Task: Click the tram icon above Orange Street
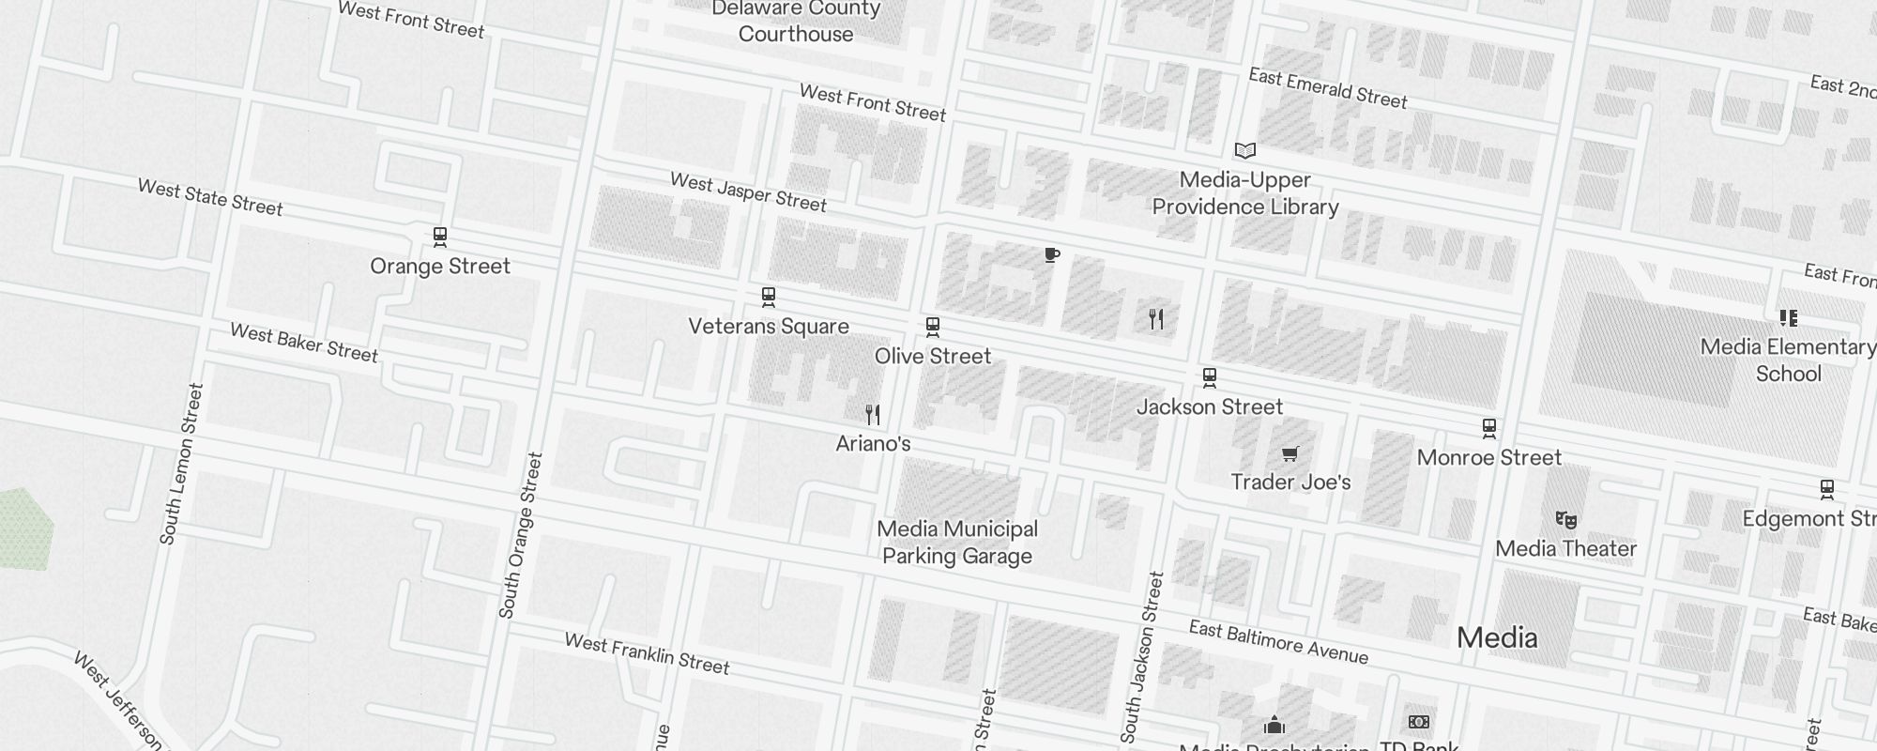click(440, 237)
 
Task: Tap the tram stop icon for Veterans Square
click(769, 298)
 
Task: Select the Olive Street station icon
click(932, 327)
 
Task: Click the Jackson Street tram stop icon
click(1210, 378)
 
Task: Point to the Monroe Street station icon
click(1488, 428)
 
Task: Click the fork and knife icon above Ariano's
click(873, 414)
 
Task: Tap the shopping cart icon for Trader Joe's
click(1290, 454)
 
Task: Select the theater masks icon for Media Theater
click(1565, 520)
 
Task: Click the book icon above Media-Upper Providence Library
click(1244, 150)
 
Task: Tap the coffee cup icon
click(1052, 254)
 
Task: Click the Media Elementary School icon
click(1788, 318)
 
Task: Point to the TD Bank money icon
click(1419, 722)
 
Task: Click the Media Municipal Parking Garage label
click(957, 543)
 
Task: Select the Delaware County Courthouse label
click(796, 22)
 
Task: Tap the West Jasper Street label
click(748, 192)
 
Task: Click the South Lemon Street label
click(181, 464)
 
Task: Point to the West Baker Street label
click(304, 343)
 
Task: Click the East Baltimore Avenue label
click(1278, 642)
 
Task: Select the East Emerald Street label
click(1327, 88)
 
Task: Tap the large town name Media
click(1497, 638)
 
